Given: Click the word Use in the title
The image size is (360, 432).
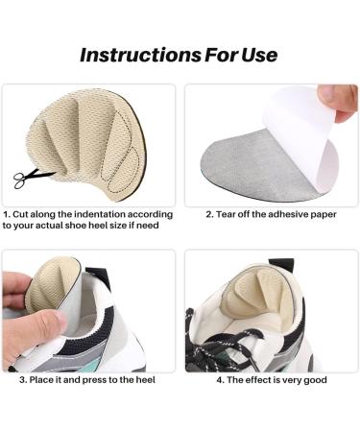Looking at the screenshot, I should pos(258,54).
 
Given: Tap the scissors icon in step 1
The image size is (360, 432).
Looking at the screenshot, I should pos(30,176).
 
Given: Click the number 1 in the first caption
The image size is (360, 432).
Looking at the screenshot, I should pos(7,214).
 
